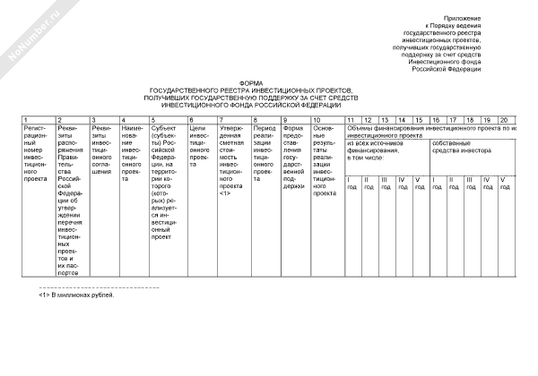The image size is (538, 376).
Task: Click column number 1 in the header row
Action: coord(25,120)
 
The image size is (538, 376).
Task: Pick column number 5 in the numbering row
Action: coord(153,120)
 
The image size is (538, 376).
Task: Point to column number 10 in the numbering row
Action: coord(317,120)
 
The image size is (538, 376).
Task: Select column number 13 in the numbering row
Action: coord(385,120)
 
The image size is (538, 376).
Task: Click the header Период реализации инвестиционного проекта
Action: coord(265,149)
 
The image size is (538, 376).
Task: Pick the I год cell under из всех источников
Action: coord(351,184)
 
